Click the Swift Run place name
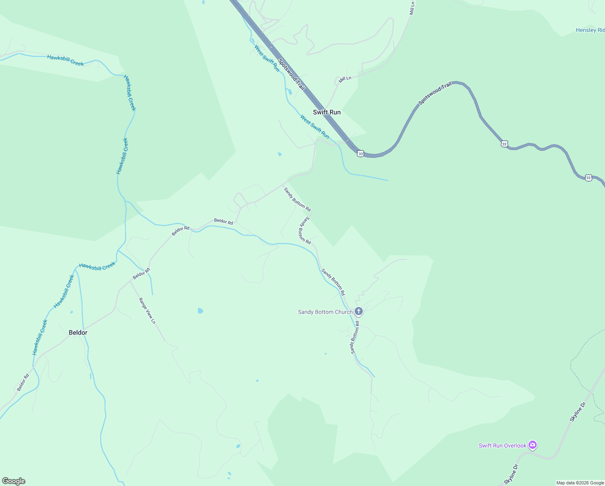(327, 112)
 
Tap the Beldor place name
(78, 333)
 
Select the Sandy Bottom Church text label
(325, 312)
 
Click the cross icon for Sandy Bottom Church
(358, 311)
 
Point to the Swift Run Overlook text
(502, 446)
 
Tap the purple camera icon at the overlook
(533, 446)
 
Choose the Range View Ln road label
(147, 311)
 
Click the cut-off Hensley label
(590, 30)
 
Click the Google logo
(13, 481)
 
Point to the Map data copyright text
(580, 483)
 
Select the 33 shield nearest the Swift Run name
(361, 153)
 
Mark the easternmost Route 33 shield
(588, 178)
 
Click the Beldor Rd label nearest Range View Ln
(142, 274)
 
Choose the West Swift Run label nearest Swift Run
(315, 126)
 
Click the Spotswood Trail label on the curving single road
(435, 93)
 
